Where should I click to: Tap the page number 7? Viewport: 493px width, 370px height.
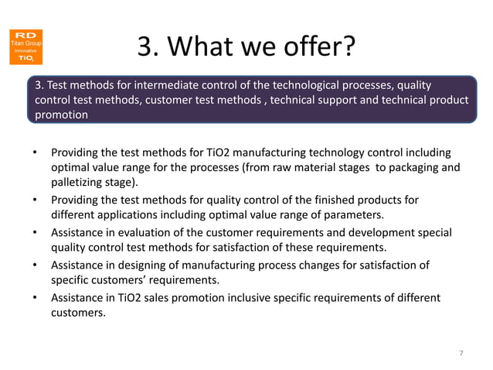coord(461,354)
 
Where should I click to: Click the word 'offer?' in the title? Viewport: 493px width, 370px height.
coord(318,48)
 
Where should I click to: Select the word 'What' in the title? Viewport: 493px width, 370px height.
coord(204,48)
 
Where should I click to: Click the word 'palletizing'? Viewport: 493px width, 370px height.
coord(83,182)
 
